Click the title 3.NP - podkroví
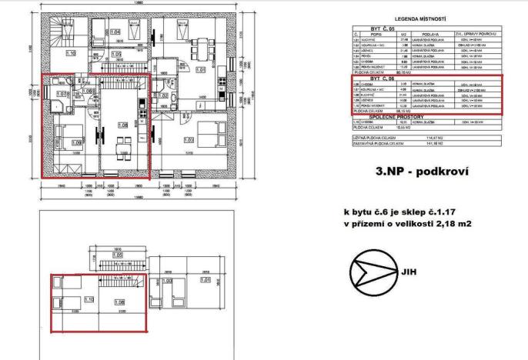tap(420, 172)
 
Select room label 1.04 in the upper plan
tap(115, 32)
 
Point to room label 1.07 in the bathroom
tap(63, 94)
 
